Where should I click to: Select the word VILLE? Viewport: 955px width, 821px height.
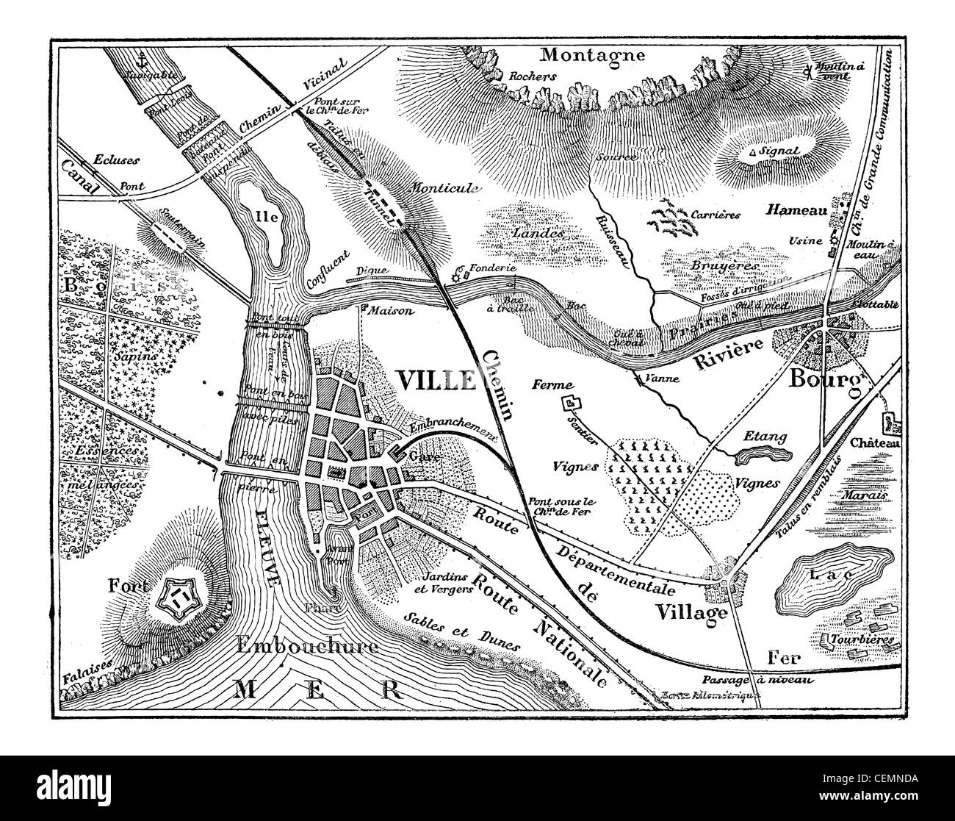click(436, 379)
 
